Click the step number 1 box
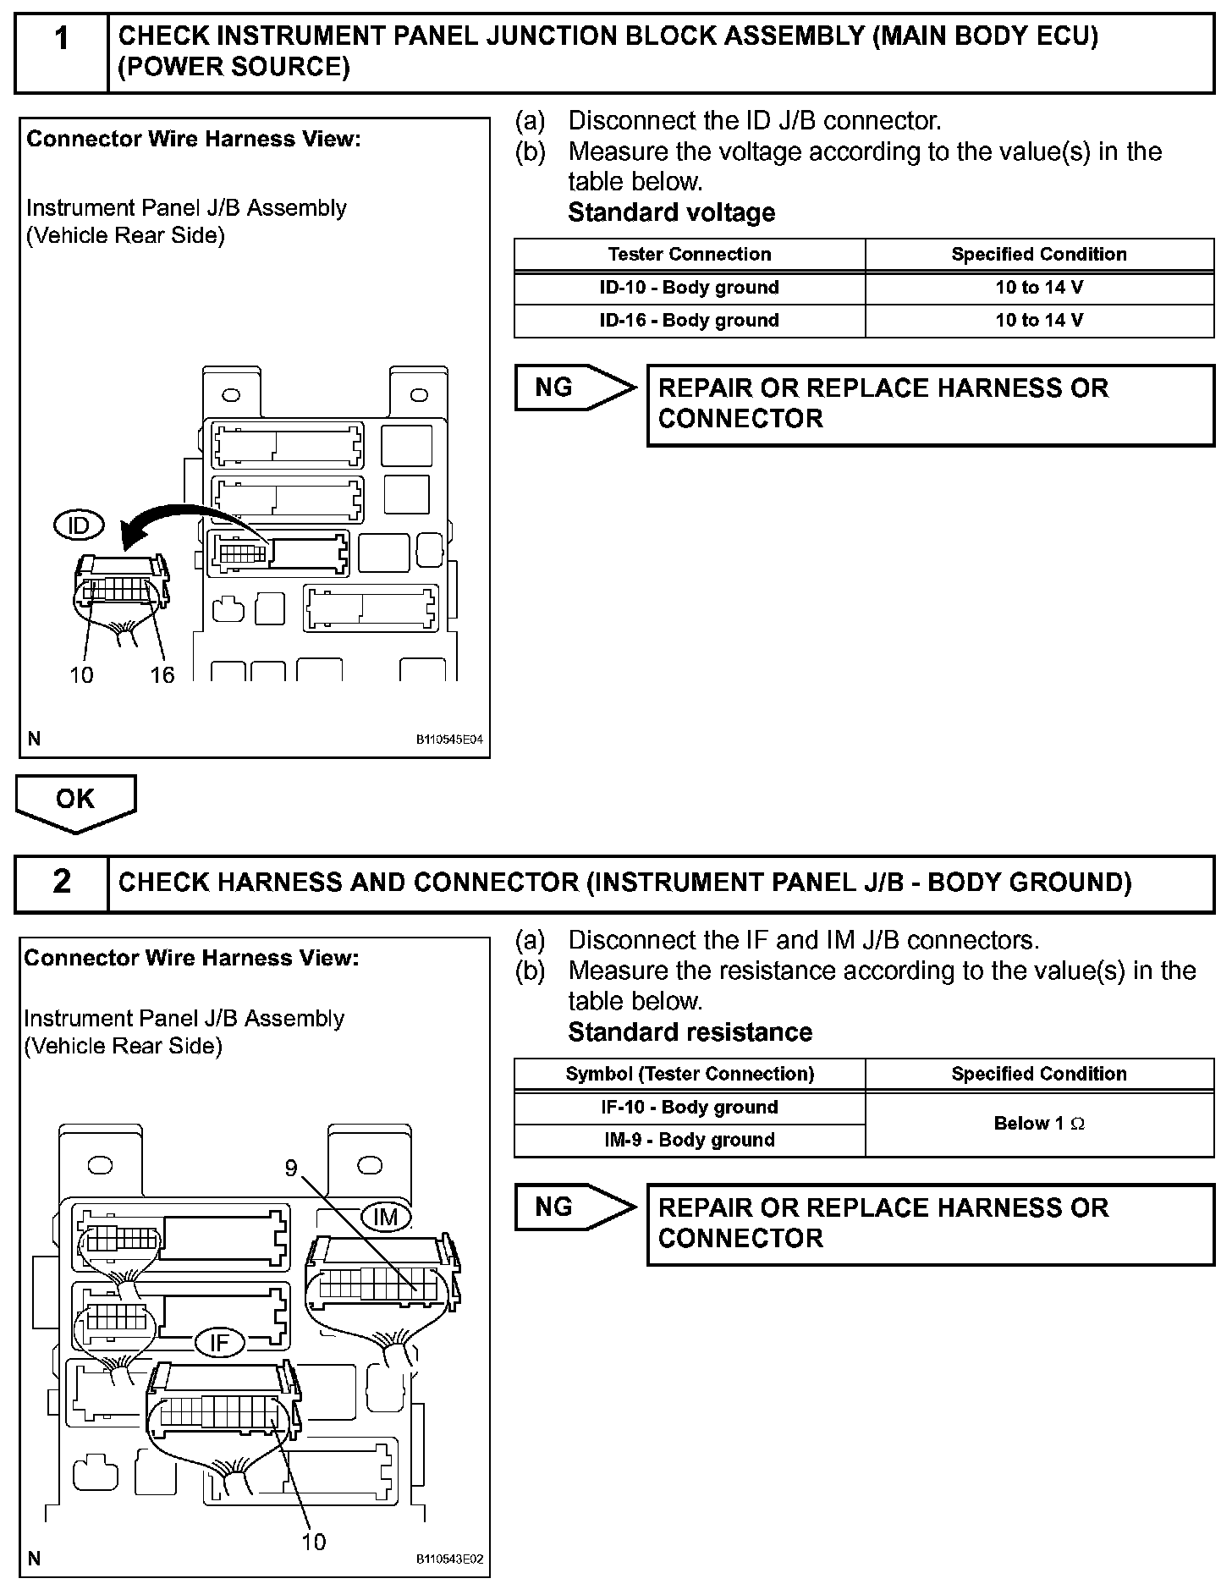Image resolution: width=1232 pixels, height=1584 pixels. click(62, 52)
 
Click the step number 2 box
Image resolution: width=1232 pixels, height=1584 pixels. click(62, 883)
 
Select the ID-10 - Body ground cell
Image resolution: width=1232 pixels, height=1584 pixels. click(689, 288)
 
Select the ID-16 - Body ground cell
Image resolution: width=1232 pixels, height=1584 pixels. click(689, 321)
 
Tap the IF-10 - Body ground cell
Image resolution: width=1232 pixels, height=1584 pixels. click(689, 1108)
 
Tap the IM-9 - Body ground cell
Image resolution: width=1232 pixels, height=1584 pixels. click(689, 1141)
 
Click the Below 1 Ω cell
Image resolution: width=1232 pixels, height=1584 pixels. click(1039, 1124)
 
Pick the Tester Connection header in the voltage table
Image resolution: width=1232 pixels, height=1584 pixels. click(689, 255)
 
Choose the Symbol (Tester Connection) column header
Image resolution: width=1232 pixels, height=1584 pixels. click(689, 1075)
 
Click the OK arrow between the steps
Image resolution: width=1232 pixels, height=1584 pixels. click(75, 801)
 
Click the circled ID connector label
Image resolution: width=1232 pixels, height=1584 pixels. click(78, 525)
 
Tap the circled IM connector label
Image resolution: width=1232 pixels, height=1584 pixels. click(386, 1217)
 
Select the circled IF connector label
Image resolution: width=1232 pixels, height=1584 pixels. click(219, 1343)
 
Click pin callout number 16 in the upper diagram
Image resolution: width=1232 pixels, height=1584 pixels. click(162, 674)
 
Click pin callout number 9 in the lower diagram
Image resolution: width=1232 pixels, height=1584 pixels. click(291, 1169)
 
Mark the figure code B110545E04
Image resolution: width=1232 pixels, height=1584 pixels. click(448, 740)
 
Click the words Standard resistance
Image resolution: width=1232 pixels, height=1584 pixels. click(690, 1032)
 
